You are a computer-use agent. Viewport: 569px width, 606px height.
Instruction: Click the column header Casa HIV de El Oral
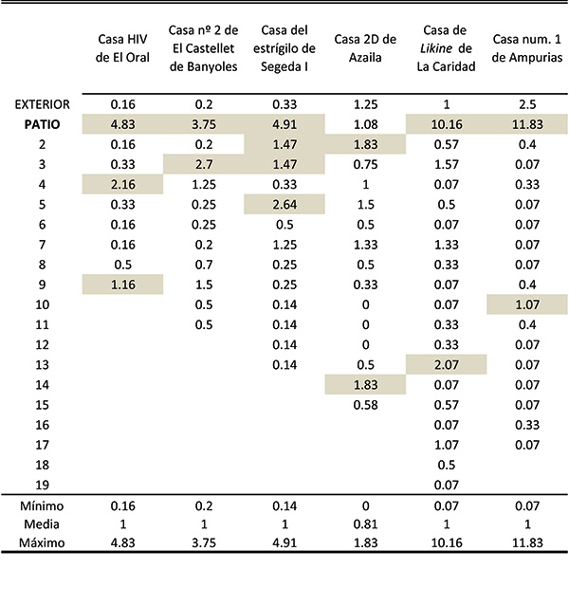[122, 48]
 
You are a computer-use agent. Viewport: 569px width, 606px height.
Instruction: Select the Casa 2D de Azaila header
[365, 48]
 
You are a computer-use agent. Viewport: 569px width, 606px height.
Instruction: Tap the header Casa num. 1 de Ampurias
[527, 48]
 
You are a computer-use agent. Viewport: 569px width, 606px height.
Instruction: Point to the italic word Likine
[436, 48]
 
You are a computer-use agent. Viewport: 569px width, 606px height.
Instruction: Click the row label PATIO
[42, 124]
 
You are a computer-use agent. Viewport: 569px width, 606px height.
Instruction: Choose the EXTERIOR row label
[42, 104]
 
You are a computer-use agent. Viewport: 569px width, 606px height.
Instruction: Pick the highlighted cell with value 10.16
[447, 124]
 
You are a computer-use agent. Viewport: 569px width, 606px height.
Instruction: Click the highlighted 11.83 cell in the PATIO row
[527, 124]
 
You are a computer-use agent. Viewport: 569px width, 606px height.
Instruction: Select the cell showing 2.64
[284, 205]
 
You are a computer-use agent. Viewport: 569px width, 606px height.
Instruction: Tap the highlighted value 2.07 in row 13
[447, 364]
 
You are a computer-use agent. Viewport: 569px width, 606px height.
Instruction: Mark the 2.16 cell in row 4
[122, 184]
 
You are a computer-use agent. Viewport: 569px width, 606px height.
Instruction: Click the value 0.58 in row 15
[365, 405]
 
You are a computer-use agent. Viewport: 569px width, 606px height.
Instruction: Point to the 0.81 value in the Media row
[365, 524]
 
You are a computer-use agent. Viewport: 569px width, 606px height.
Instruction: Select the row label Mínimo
[42, 505]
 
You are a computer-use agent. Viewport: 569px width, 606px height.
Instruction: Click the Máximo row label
[42, 542]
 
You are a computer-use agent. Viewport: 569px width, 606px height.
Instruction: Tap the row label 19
[42, 485]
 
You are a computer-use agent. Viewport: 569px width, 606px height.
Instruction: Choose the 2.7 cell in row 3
[204, 164]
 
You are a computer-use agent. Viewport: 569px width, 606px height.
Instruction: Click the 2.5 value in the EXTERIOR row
[527, 104]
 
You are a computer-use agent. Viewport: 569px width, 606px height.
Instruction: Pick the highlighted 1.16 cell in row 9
[122, 285]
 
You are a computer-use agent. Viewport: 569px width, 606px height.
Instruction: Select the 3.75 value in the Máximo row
[204, 542]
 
